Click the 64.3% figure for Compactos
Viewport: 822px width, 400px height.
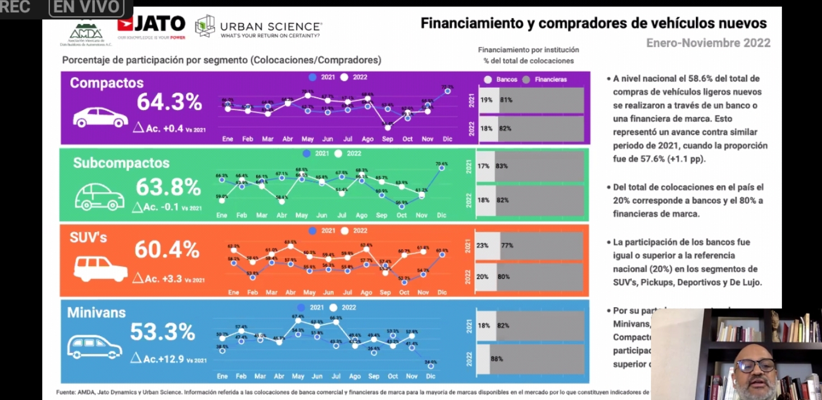(x=169, y=102)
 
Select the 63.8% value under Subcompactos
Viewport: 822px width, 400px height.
(x=168, y=187)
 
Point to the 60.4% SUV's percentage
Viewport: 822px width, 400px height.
(x=167, y=250)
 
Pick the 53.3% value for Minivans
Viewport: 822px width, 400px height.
(x=162, y=332)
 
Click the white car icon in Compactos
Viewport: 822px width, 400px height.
(x=101, y=117)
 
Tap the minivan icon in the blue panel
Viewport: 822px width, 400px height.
(x=94, y=347)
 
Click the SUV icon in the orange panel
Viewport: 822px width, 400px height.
(x=101, y=269)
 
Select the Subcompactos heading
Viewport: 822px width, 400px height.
(x=121, y=163)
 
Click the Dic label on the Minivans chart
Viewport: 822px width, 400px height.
(x=430, y=376)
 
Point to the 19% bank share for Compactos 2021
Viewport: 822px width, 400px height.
(x=487, y=100)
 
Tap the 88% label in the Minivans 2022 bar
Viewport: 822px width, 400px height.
(x=497, y=359)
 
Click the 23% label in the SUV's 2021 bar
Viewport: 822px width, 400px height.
(x=482, y=245)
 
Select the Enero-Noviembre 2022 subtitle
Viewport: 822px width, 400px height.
(x=708, y=43)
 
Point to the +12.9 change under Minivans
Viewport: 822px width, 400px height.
(x=171, y=359)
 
